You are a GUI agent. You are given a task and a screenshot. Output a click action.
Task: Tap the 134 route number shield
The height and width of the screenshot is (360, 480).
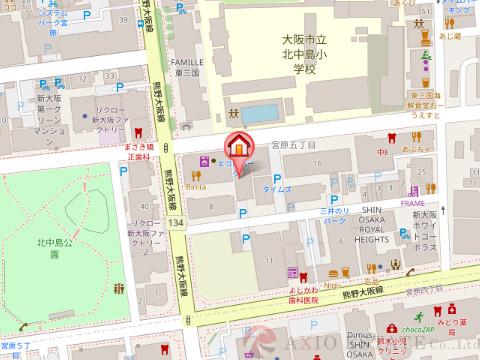point(176,222)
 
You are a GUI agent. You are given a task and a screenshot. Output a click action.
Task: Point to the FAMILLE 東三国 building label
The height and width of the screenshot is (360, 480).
point(188,66)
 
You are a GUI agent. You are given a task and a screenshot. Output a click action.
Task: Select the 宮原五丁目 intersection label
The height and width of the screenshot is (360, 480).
point(293,145)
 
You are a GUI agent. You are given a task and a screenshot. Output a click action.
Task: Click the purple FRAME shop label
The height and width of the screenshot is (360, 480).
point(412,202)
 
